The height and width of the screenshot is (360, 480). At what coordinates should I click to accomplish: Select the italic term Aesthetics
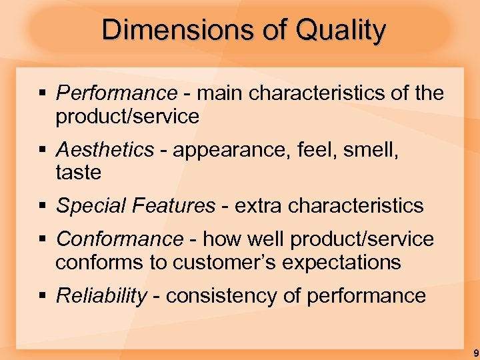[105, 150]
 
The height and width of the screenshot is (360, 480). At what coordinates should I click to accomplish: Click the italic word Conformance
[119, 239]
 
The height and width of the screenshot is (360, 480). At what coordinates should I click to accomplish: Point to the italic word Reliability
[101, 295]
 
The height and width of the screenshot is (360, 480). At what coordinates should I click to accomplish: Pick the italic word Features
[176, 205]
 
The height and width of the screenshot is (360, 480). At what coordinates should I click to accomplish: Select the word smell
[368, 150]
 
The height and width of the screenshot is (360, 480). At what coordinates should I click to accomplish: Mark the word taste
[78, 173]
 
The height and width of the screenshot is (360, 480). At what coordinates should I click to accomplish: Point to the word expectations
[342, 263]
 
